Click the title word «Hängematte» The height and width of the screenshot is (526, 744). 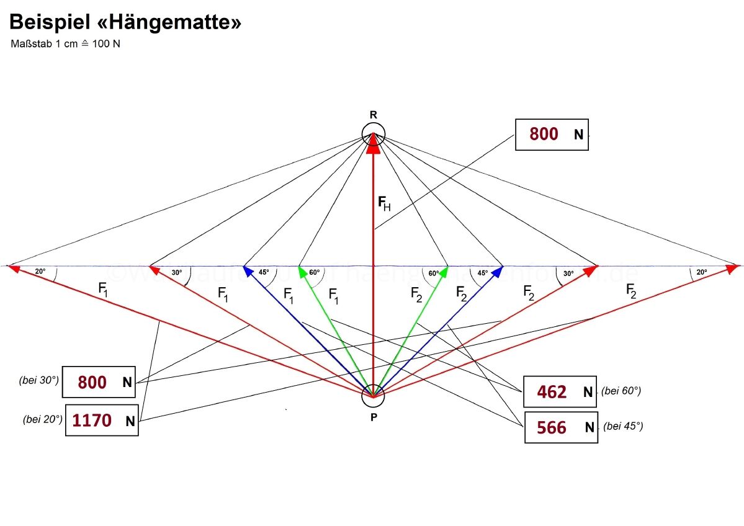tap(165, 23)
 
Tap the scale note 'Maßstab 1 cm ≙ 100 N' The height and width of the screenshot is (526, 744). tap(65, 45)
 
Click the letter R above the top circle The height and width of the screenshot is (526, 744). tap(374, 115)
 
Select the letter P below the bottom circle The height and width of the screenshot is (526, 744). tap(374, 417)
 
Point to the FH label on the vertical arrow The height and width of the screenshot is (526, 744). tap(384, 203)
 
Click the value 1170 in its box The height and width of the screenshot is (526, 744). tap(92, 421)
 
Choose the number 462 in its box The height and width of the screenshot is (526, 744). tap(552, 392)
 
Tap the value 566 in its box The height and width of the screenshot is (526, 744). tap(552, 427)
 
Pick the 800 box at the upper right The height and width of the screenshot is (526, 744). tap(552, 134)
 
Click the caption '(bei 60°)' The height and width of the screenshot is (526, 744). tap(621, 391)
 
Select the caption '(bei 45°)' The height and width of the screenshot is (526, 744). tap(623, 426)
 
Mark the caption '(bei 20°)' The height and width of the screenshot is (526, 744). tap(42, 420)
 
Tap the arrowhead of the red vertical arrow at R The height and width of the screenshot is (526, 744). tap(374, 142)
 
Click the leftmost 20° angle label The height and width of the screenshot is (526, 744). tap(40, 271)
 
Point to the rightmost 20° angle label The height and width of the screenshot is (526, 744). tap(701, 272)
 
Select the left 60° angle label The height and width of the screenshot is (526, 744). tap(314, 272)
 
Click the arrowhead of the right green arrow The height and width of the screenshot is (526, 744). tap(444, 271)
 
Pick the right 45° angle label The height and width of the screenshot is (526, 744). tap(483, 272)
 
